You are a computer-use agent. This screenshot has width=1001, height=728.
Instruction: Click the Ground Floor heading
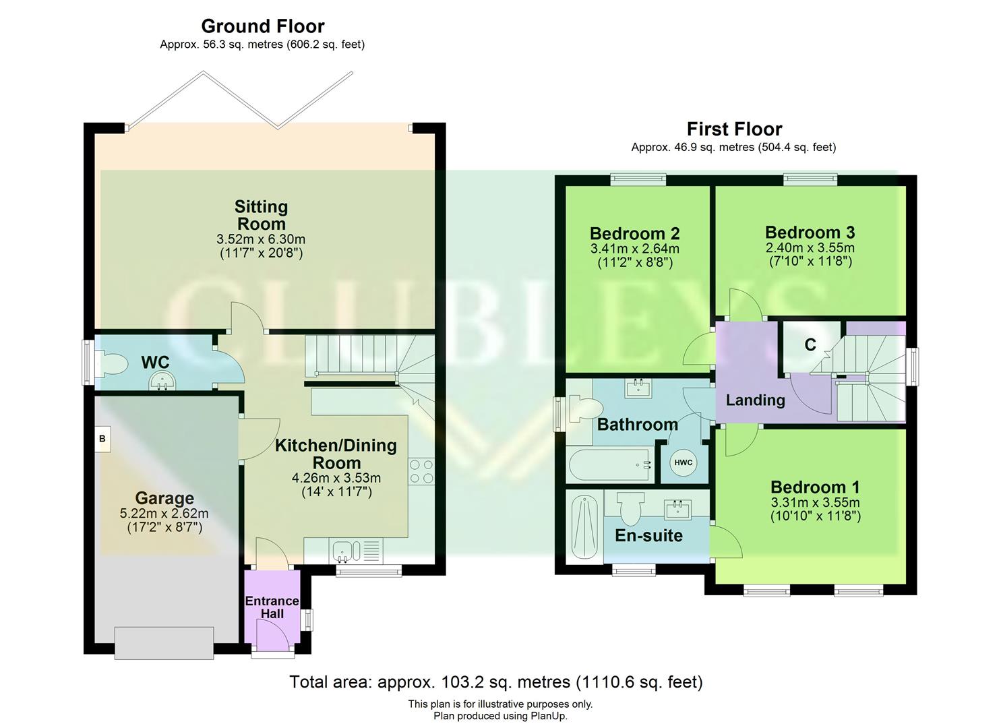click(x=263, y=26)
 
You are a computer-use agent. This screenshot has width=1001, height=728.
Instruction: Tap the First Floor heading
click(x=734, y=129)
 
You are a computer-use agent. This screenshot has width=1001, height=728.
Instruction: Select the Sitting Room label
click(x=261, y=215)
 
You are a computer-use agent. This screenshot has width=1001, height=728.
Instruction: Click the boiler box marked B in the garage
click(x=102, y=439)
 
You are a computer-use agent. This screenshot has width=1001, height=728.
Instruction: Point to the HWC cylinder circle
click(x=683, y=462)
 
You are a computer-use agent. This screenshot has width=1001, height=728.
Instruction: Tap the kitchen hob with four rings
click(x=421, y=471)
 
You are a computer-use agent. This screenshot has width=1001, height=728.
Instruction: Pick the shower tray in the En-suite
click(x=584, y=525)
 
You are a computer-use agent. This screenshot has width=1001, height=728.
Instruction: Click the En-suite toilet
click(x=630, y=508)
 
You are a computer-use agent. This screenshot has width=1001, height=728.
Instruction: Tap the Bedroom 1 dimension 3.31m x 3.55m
click(x=815, y=502)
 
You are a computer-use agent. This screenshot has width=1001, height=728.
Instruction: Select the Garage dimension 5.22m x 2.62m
click(x=164, y=513)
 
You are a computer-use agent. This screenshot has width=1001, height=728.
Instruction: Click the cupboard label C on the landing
click(x=810, y=345)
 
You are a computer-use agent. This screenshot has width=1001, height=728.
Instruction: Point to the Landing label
click(x=755, y=400)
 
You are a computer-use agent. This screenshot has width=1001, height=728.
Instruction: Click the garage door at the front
click(x=164, y=642)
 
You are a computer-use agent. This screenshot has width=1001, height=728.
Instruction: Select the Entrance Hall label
click(x=272, y=607)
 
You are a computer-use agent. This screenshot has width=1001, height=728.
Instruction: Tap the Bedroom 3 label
click(x=810, y=232)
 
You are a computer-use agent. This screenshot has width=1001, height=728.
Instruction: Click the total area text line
click(x=495, y=682)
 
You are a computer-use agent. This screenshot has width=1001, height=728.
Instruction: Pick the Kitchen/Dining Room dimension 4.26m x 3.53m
click(x=336, y=478)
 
